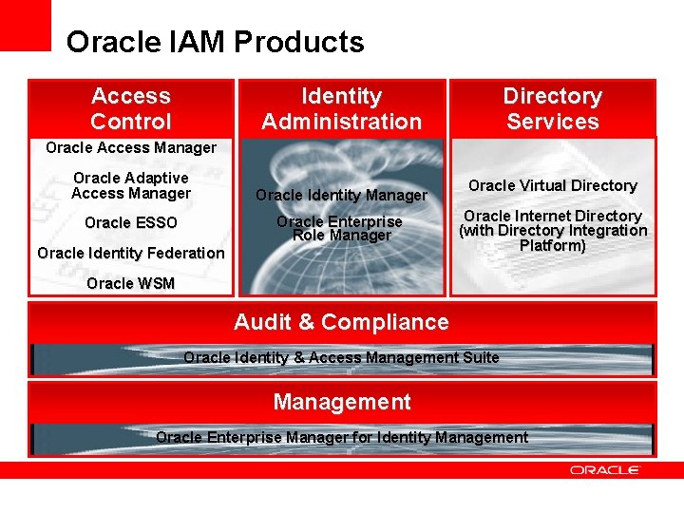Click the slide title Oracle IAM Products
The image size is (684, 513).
tap(215, 43)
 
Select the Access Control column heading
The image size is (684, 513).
tap(131, 108)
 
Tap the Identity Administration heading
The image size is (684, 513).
tap(341, 108)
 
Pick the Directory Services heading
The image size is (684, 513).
tap(552, 108)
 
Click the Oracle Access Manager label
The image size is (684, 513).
tap(131, 147)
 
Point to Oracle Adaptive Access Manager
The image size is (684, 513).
tap(131, 185)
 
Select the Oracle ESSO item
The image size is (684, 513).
tap(131, 223)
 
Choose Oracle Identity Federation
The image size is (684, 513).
tap(131, 253)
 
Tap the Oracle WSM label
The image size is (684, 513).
tap(131, 283)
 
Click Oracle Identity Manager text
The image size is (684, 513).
tap(341, 195)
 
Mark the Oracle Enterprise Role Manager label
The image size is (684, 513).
tap(341, 228)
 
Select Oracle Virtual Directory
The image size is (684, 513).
tap(552, 185)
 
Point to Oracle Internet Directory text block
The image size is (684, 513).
tap(552, 230)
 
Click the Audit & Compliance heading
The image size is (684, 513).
tap(341, 322)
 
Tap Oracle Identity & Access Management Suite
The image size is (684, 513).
tap(341, 357)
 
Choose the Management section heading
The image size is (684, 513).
tap(341, 402)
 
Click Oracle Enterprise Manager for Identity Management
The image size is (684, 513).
tap(341, 437)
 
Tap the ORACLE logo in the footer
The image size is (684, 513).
tap(605, 469)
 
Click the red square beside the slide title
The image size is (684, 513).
tap(26, 26)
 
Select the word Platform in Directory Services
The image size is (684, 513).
tap(552, 245)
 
